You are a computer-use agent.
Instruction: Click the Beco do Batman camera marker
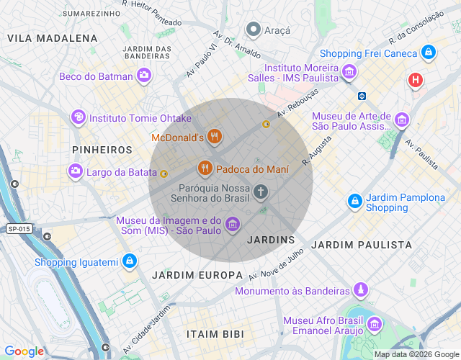144,75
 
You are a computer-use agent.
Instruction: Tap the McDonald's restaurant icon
214,135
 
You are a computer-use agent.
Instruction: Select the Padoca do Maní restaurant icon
205,168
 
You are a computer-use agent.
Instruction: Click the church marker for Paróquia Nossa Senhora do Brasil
261,192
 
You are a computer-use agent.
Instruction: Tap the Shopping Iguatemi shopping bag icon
129,261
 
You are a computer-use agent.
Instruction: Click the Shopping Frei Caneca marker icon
429,53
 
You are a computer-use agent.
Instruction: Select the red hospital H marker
416,80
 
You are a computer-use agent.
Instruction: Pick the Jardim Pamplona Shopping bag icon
354,202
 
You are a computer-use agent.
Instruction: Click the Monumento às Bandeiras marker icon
360,290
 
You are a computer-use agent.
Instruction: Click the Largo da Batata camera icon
75,171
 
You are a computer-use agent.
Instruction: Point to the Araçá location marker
253,30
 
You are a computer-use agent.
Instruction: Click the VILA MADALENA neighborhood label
52,38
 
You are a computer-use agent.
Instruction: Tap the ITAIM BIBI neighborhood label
215,335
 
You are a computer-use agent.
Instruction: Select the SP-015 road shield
19,229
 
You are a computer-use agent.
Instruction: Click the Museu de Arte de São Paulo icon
402,118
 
